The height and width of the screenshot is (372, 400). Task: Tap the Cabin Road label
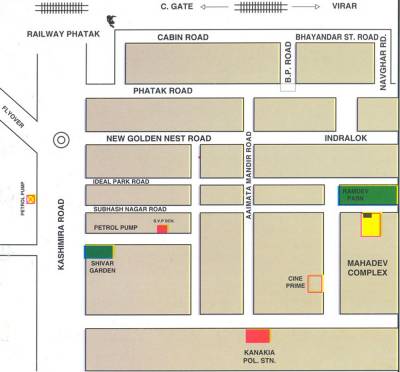(182, 37)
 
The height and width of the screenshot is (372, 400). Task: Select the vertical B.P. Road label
(287, 62)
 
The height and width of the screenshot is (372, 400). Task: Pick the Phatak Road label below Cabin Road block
(163, 91)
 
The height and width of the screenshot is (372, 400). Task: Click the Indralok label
(345, 138)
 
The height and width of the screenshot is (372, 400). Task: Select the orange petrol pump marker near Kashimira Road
(31, 199)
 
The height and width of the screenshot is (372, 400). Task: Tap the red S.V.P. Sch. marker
(162, 229)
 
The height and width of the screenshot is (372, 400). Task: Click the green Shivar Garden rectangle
(98, 252)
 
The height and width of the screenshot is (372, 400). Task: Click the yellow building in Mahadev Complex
(372, 224)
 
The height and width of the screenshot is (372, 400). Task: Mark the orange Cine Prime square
(315, 283)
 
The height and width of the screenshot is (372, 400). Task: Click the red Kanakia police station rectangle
(258, 336)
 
